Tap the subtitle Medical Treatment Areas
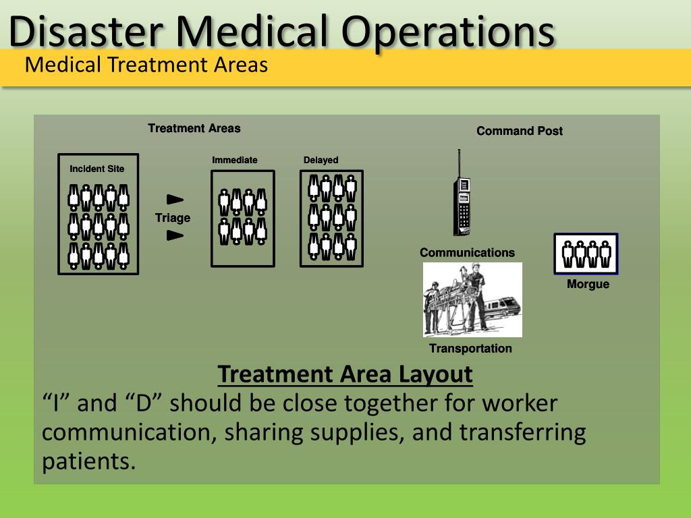point(146,65)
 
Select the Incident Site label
point(97,169)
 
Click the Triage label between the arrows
point(173,218)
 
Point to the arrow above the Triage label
point(175,199)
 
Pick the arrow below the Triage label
point(175,235)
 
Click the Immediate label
point(235,160)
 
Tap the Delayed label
point(321,160)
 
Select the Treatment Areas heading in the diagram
point(194,128)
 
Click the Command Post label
point(520,131)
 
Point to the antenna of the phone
point(459,162)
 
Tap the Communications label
point(467,252)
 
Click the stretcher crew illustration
point(472,300)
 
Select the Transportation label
point(470,348)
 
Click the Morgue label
point(588,284)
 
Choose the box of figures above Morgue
point(586,254)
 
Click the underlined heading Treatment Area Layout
point(345,374)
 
